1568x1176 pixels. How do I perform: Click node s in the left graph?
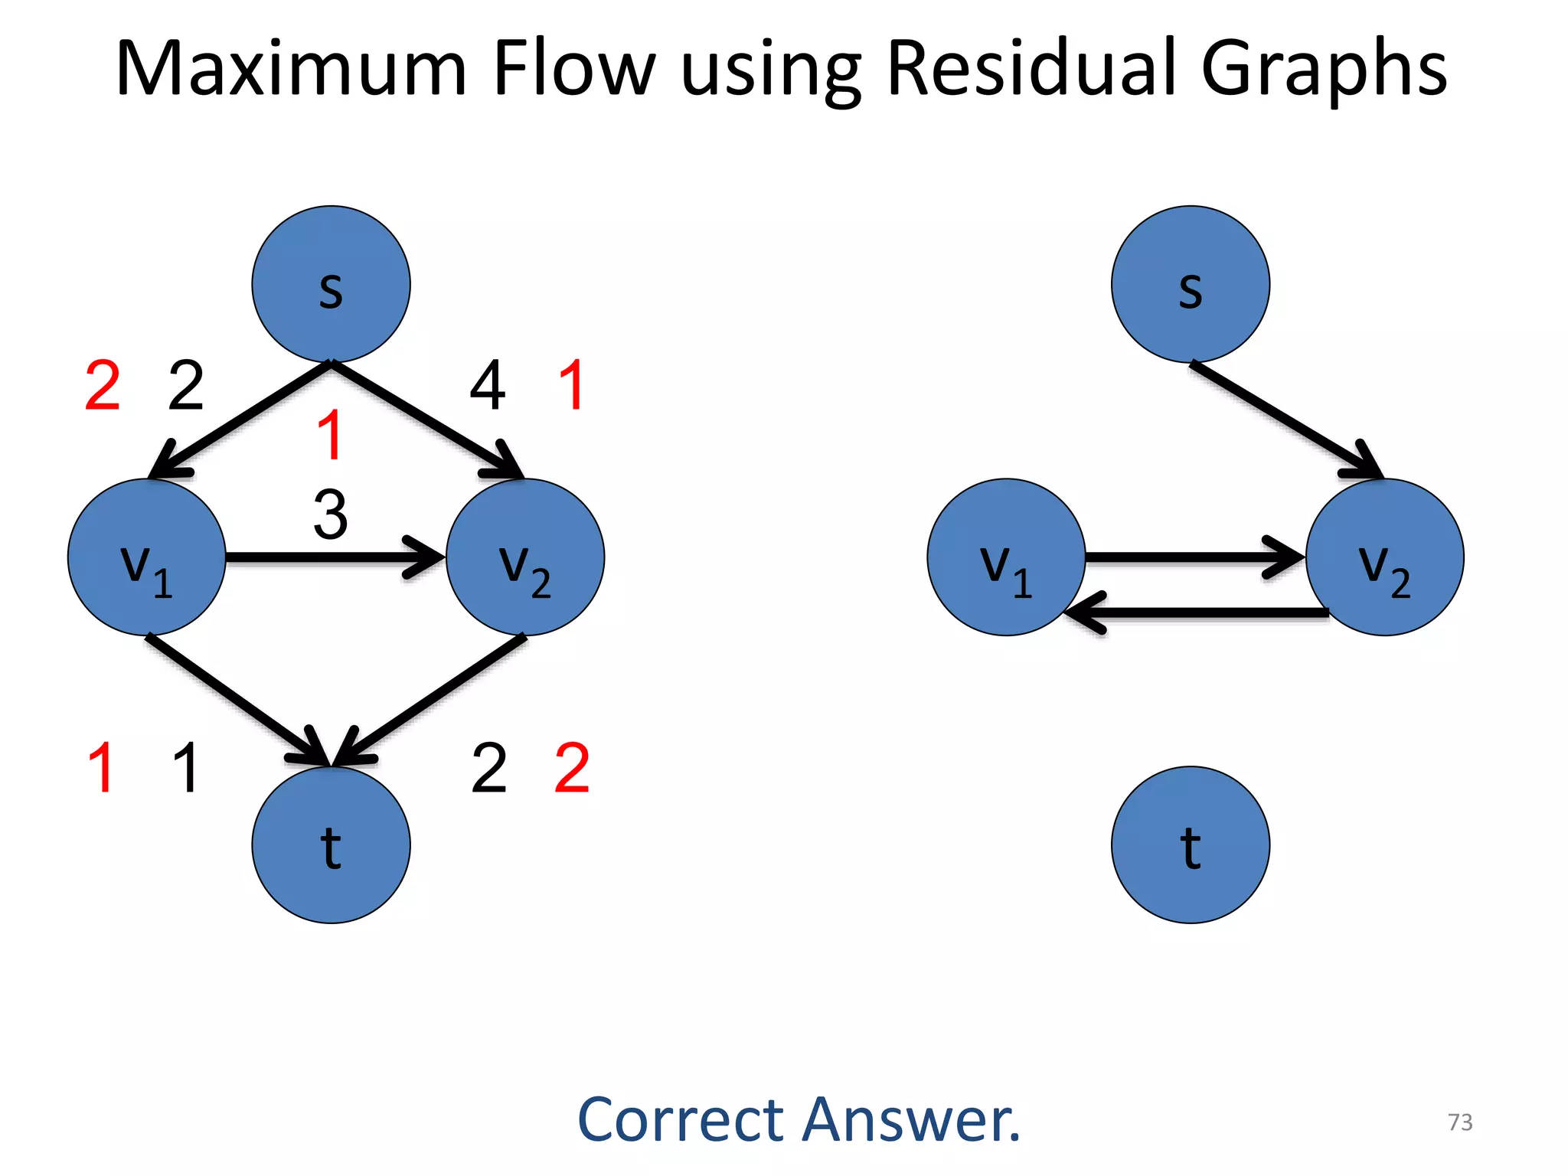331,284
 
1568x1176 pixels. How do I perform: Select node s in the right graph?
1190,284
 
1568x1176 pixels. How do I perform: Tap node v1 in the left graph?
146,557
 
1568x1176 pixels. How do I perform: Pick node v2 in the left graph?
525,557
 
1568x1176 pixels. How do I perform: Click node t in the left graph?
331,844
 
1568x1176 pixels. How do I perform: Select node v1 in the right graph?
1006,557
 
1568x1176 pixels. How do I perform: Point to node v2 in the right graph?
1384,557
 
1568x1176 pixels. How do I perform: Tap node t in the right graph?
1190,844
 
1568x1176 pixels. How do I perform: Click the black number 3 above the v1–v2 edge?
331,514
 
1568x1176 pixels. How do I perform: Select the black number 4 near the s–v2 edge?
488,385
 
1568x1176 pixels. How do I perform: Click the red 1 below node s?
330,435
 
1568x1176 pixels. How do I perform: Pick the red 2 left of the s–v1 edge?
103,385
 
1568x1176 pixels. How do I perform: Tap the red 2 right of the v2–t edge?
572,768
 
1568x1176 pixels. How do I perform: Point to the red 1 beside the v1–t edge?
102,768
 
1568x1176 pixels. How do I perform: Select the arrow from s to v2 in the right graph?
1286,420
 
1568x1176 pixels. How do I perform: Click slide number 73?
1460,1122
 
